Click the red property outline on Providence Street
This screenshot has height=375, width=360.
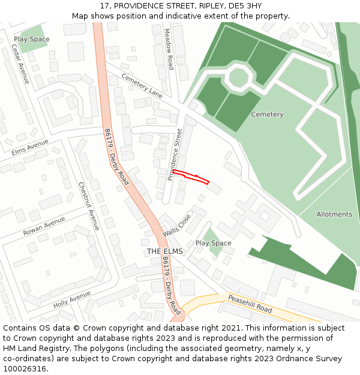[191, 176]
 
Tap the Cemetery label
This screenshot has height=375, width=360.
[267, 115]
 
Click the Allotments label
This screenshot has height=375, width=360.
[334, 214]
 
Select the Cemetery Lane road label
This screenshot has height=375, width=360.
[142, 86]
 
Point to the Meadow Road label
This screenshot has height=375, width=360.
[169, 49]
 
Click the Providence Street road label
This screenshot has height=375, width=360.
[175, 154]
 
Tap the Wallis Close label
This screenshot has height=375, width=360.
[176, 225]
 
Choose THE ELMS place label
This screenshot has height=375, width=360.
[165, 251]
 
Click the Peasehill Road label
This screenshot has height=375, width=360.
[250, 304]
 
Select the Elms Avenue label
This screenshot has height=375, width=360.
[30, 148]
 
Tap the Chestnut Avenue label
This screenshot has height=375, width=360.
[89, 206]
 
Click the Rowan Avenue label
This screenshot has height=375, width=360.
[44, 226]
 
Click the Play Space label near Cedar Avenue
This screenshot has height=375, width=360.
[32, 40]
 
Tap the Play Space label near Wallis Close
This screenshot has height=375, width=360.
[213, 243]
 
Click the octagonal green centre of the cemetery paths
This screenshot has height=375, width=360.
[239, 78]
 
